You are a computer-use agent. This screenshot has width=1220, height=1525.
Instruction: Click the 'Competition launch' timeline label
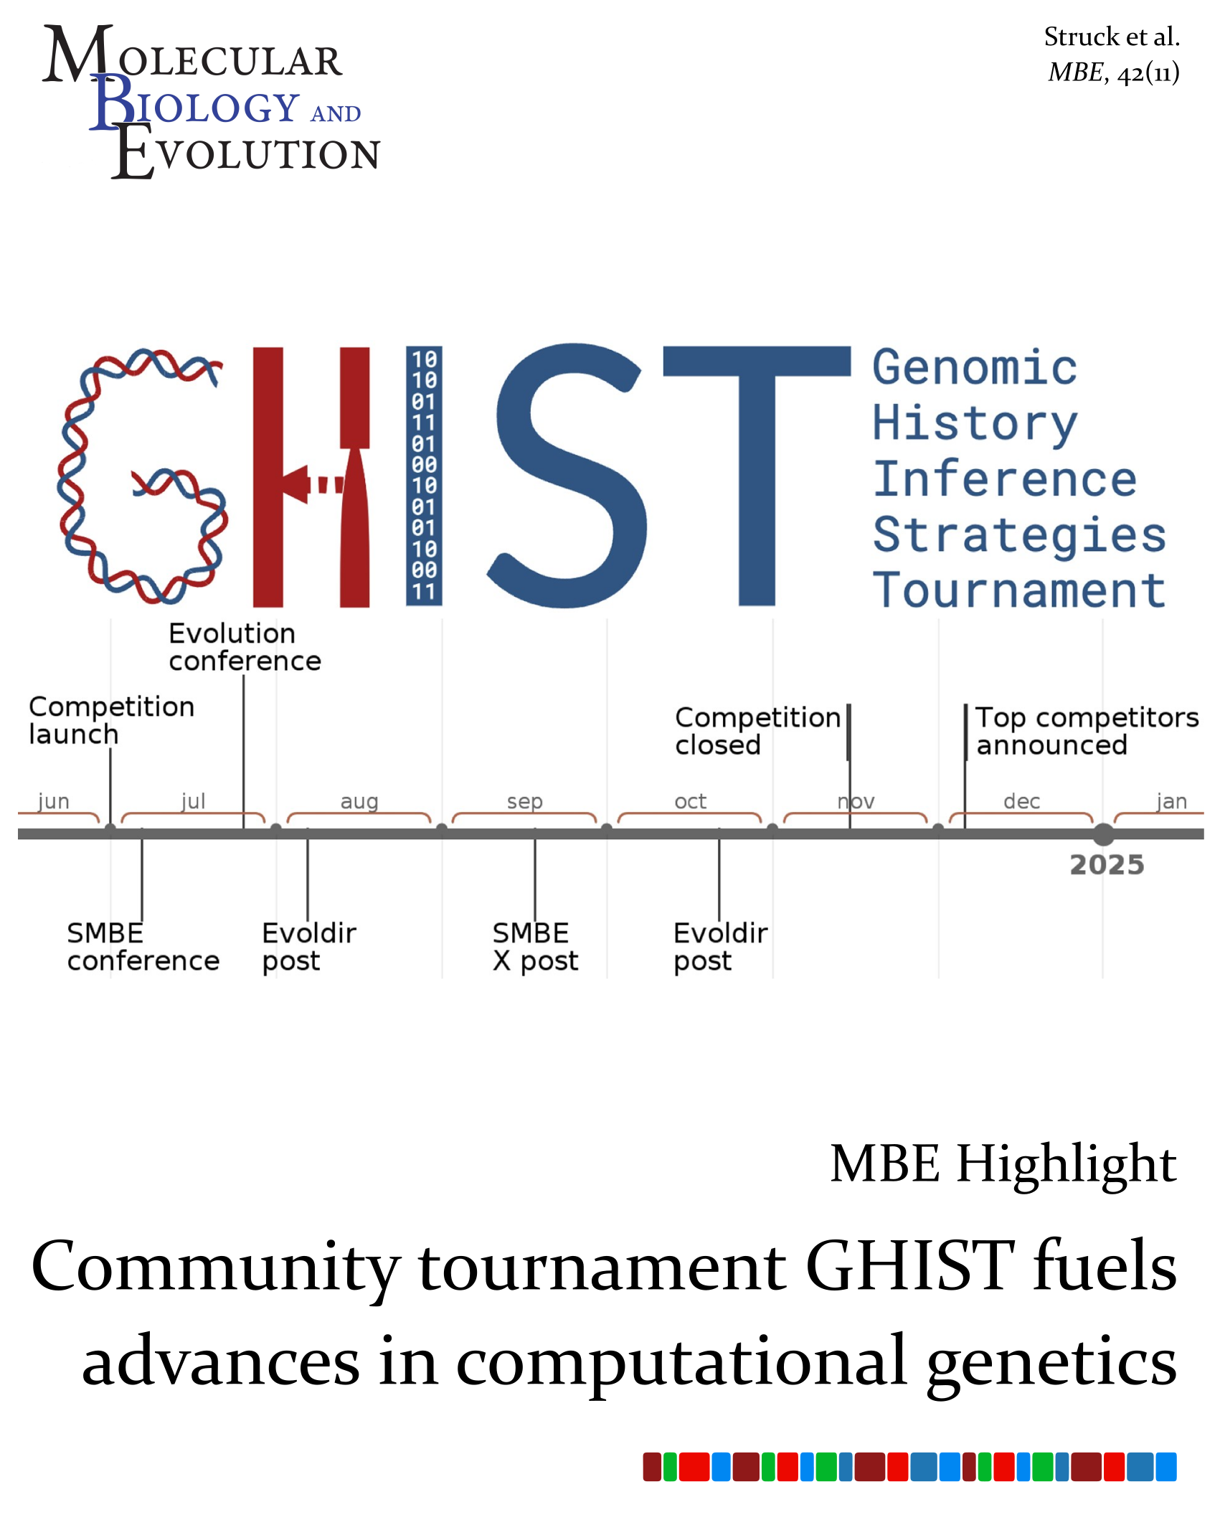tap(111, 720)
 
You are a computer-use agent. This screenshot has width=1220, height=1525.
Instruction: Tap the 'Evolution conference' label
tap(245, 647)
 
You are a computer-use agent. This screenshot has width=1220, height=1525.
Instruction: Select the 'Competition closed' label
tap(757, 731)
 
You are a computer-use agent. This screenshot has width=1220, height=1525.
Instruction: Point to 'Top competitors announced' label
tap(1087, 731)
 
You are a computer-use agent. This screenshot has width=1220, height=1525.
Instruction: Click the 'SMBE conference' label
tap(143, 947)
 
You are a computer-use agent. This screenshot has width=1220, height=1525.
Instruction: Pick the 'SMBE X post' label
tap(535, 947)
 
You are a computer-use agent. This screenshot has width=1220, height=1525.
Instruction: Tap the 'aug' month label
tap(359, 802)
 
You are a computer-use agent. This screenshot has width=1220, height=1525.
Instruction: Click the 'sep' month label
tap(525, 802)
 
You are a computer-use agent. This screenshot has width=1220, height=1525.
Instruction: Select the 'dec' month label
tap(1022, 801)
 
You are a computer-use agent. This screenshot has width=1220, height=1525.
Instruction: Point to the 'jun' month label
tap(54, 801)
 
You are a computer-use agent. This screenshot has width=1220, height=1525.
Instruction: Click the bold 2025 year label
tap(1107, 865)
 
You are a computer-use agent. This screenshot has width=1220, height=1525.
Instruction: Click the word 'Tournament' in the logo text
tap(1019, 590)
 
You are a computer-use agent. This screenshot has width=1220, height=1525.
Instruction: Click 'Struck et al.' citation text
tap(1112, 37)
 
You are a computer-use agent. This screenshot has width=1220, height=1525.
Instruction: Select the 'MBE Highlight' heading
tap(1003, 1164)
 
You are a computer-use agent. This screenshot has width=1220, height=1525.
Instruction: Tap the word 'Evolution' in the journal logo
tap(246, 151)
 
